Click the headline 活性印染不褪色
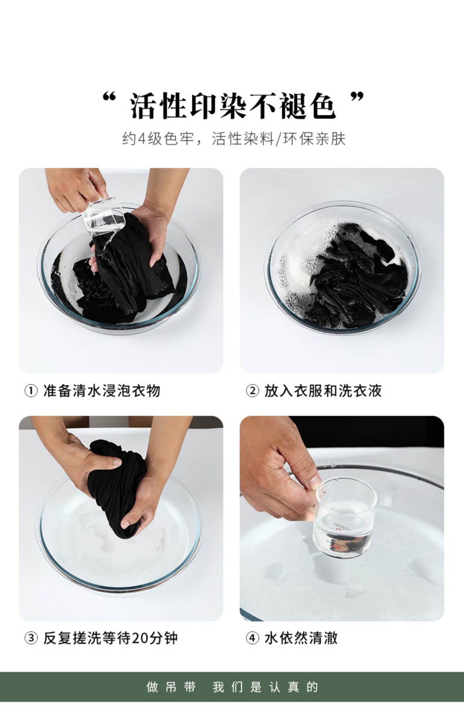232,106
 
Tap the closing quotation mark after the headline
357,98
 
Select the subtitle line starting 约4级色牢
233,139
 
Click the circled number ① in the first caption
31,391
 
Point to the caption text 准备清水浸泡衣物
102,391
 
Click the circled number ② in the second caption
252,391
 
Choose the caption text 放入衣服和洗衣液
323,391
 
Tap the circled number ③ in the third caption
31,638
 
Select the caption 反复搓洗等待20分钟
110,638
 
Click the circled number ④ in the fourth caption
252,638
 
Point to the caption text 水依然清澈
301,638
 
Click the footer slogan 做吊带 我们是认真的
232,687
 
